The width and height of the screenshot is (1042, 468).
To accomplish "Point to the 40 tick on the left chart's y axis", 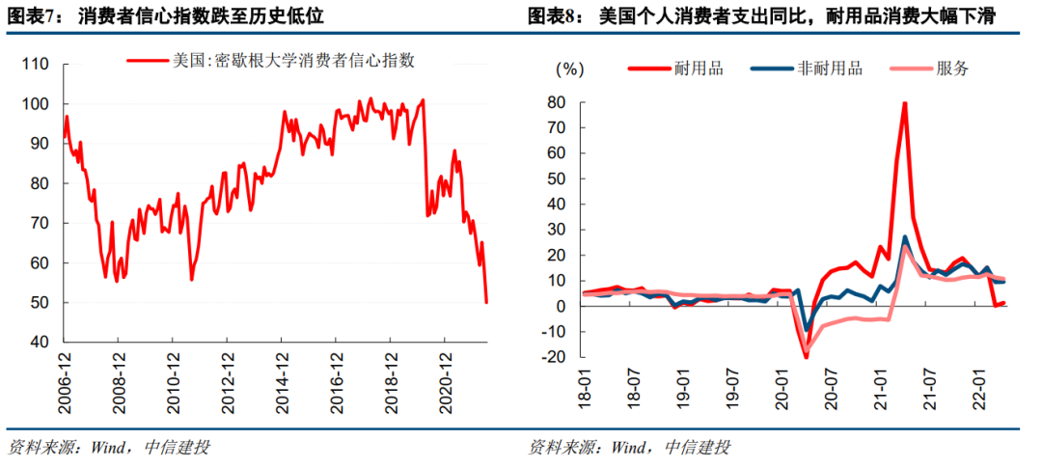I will coord(39,343).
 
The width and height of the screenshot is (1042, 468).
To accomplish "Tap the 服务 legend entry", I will coord(951,69).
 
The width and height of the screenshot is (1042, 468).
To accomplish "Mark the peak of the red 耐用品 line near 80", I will coord(904,103).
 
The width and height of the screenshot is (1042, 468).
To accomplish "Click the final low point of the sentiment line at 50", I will coord(486,302).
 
